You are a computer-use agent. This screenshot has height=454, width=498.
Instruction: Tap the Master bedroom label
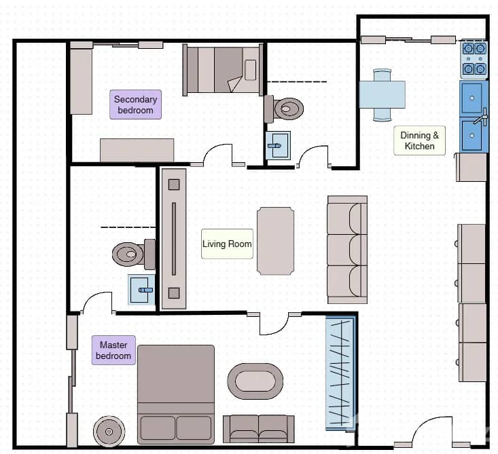(x=113, y=350)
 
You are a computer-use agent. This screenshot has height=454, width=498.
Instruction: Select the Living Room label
(x=227, y=244)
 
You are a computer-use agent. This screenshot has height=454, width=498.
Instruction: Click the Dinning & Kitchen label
(x=419, y=140)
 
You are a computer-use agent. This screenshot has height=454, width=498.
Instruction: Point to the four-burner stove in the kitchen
(x=474, y=58)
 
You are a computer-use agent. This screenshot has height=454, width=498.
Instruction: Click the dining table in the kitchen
(x=382, y=94)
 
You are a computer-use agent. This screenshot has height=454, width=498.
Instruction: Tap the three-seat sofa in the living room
(x=347, y=250)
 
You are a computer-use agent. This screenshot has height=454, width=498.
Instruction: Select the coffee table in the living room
(x=275, y=241)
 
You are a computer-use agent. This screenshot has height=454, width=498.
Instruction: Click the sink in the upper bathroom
(x=277, y=145)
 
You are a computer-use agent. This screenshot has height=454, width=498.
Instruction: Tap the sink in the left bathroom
(x=141, y=290)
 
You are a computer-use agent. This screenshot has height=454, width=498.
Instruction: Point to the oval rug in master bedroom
(x=255, y=381)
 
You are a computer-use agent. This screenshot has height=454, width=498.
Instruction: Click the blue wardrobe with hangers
(x=341, y=373)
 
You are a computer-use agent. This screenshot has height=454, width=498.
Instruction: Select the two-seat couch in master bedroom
(x=258, y=428)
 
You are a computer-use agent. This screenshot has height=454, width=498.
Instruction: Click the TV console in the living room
(x=173, y=238)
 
